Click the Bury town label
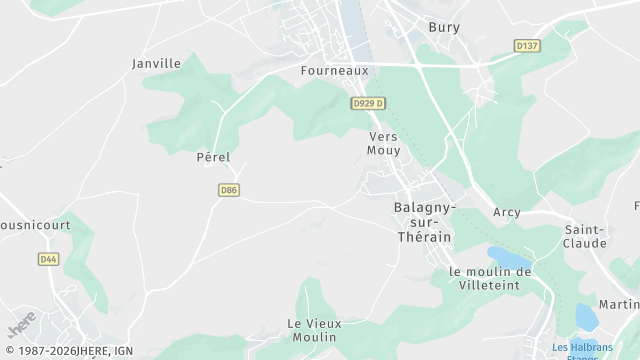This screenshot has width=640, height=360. pyautogui.click(x=444, y=27)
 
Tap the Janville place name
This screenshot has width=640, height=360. pyautogui.click(x=157, y=63)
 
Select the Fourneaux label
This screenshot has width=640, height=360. pyautogui.click(x=335, y=71)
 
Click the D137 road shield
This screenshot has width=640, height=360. pyautogui.click(x=526, y=46)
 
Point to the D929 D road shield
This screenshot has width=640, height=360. pyautogui.click(x=368, y=103)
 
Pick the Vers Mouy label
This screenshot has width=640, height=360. pyautogui.click(x=384, y=143)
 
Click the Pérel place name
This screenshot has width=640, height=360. pyautogui.click(x=213, y=157)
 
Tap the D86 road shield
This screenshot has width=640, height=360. pyautogui.click(x=229, y=190)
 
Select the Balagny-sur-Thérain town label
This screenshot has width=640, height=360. pyautogui.click(x=425, y=221)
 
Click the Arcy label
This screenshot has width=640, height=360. pyautogui.click(x=507, y=212)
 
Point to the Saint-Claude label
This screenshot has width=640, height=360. pyautogui.click(x=585, y=236)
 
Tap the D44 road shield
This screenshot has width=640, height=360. pyautogui.click(x=48, y=259)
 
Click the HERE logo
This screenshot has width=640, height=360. pyautogui.click(x=21, y=325)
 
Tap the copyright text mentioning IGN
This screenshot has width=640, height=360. pyautogui.click(x=67, y=351)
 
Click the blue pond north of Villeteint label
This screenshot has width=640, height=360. pyautogui.click(x=508, y=257)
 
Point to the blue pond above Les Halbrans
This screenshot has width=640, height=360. pyautogui.click(x=587, y=318)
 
